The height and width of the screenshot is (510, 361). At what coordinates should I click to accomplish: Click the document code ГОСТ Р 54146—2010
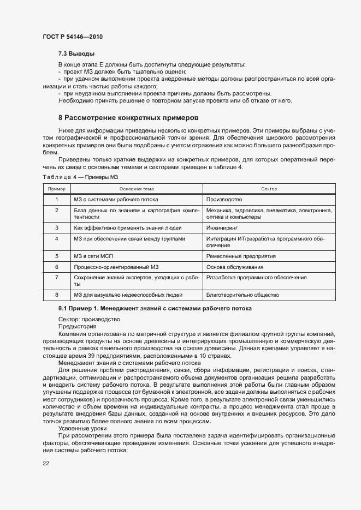point(72,37)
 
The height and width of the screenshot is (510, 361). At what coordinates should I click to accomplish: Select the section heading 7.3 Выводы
point(76,54)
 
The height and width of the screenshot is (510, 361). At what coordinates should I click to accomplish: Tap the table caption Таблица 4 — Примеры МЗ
point(80,177)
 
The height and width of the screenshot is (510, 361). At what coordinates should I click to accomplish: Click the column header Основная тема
point(137,189)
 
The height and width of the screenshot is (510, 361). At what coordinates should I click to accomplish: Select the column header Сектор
point(269,189)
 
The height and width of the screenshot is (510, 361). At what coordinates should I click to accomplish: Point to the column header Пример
point(57,189)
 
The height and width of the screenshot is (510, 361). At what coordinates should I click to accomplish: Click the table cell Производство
point(224,200)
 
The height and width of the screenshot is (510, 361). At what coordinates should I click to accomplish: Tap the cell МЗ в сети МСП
point(93,256)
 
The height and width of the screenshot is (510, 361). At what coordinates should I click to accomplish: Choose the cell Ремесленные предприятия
point(241,256)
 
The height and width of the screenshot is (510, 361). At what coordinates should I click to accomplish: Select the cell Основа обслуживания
point(235,267)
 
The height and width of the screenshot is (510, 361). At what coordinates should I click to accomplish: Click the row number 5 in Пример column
point(57,256)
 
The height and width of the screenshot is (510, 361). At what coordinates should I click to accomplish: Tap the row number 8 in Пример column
point(57,295)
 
